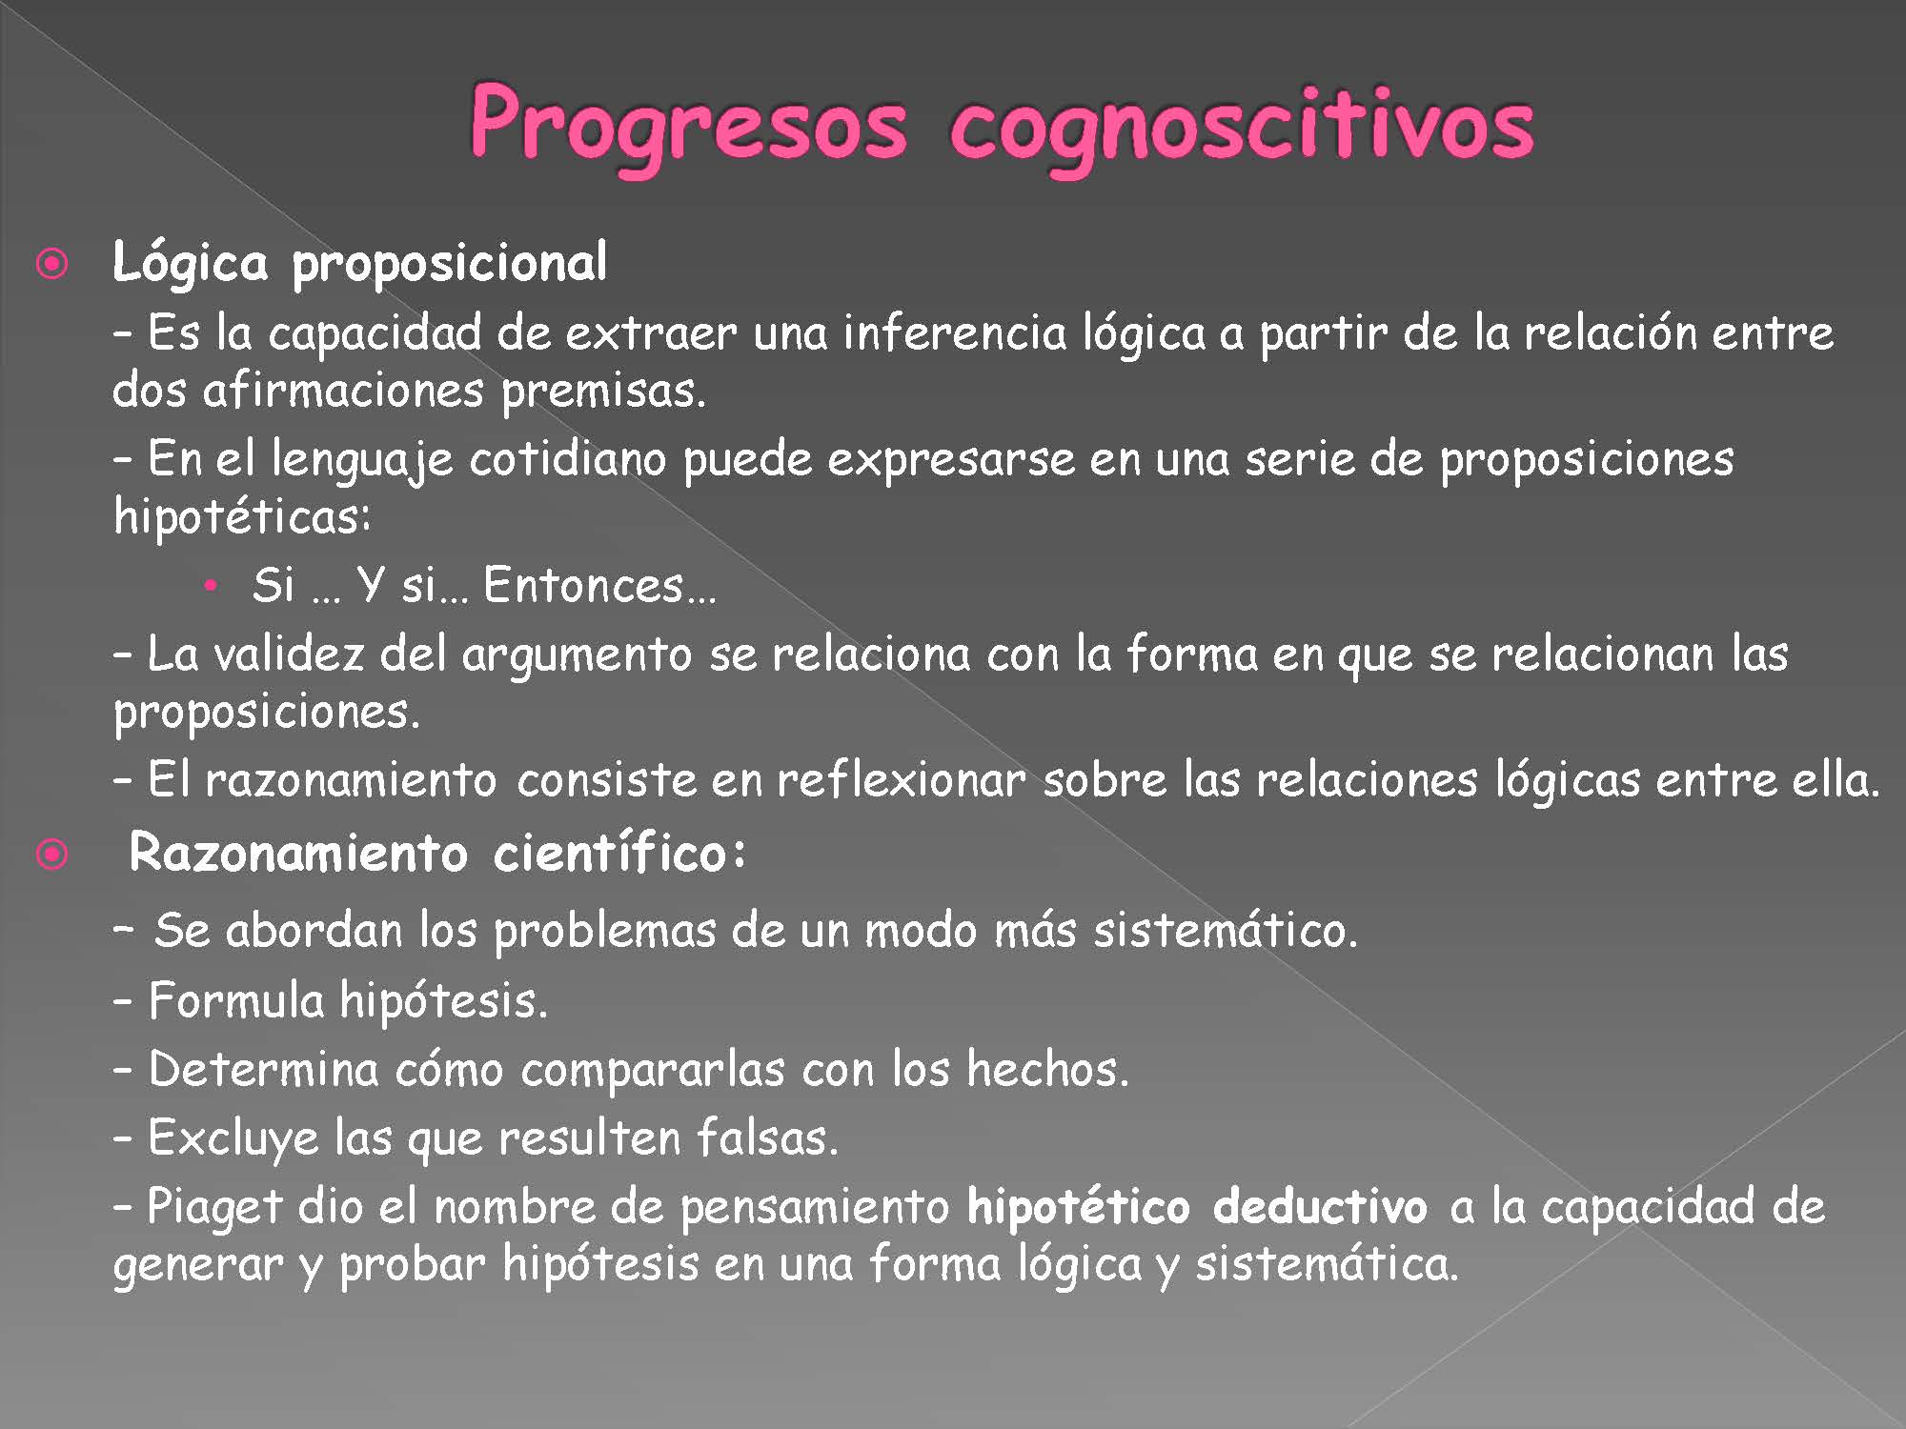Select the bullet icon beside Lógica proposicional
point(52,264)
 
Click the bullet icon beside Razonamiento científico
point(52,855)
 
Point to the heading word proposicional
point(449,264)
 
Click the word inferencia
point(955,332)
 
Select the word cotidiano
point(568,459)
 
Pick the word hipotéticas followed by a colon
point(242,517)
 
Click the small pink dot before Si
point(212,585)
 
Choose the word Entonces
point(598,585)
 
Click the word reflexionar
point(901,780)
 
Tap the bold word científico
point(619,853)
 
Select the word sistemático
point(1225,930)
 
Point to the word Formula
point(236,1000)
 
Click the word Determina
point(264,1069)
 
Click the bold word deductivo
point(1320,1207)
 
